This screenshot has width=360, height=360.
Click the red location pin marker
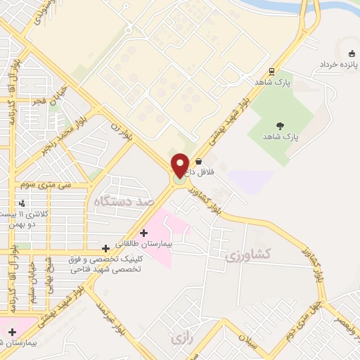[180, 165]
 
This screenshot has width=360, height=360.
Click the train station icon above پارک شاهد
[272, 71]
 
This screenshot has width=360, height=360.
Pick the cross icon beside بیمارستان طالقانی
[144, 232]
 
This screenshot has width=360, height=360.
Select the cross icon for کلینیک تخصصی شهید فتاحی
[105, 247]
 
